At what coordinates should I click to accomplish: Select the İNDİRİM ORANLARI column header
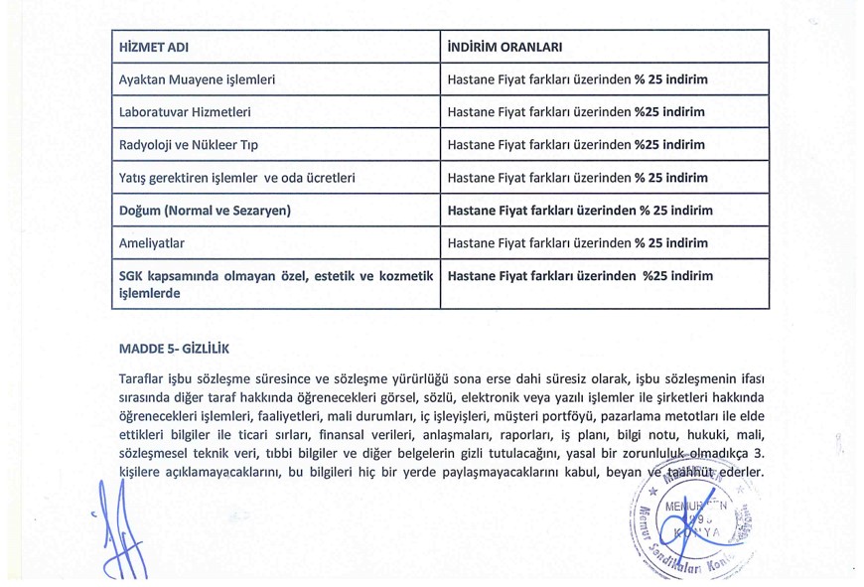[505, 48]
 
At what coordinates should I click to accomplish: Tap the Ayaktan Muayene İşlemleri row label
[197, 79]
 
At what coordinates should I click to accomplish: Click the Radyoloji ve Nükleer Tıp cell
[188, 145]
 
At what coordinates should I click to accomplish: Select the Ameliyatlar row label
[151, 243]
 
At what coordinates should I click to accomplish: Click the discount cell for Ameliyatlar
[578, 243]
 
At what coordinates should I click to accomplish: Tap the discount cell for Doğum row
[580, 211]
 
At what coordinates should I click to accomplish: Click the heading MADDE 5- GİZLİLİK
[174, 349]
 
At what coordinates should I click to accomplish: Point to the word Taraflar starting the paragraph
[141, 379]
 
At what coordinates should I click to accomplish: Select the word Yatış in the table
[134, 179]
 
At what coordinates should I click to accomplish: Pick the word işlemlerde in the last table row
[149, 294]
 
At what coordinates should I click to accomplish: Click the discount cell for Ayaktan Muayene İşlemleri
[578, 79]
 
